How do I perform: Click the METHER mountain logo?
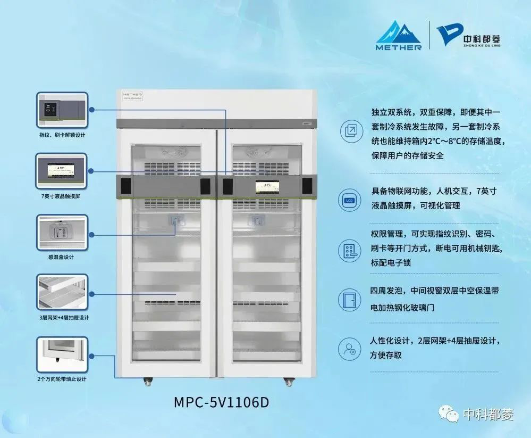point(399,34)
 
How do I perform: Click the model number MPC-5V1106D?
point(222,402)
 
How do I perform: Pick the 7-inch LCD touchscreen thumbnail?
point(61,171)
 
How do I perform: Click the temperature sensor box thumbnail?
point(61,233)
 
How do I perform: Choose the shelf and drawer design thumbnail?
point(61,293)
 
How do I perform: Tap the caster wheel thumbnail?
point(61,354)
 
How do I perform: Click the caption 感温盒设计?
point(61,257)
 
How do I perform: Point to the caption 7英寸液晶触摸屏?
point(61,196)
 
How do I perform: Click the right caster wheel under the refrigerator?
point(289,381)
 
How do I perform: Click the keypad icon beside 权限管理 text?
point(349,251)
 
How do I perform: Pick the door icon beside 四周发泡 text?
point(349,300)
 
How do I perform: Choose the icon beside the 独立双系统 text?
point(350,131)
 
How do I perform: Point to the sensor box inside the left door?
point(175,221)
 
